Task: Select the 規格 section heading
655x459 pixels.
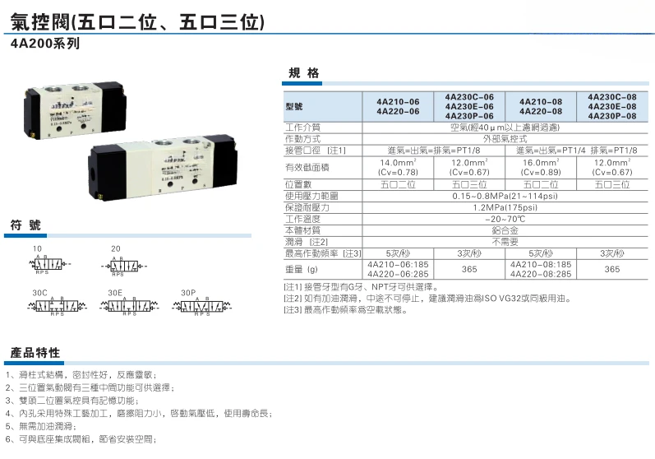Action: pyautogui.click(x=303, y=74)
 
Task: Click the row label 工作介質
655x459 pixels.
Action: pyautogui.click(x=302, y=128)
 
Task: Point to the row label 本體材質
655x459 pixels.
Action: pyautogui.click(x=302, y=231)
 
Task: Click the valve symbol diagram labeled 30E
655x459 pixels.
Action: pyautogui.click(x=127, y=307)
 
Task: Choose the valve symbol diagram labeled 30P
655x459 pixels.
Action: pyautogui.click(x=202, y=307)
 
